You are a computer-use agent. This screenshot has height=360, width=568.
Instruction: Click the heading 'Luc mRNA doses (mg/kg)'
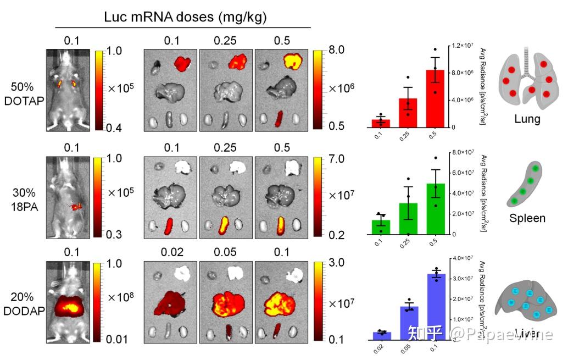(x=185, y=17)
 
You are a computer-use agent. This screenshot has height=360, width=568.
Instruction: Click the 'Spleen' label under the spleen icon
(x=527, y=218)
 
